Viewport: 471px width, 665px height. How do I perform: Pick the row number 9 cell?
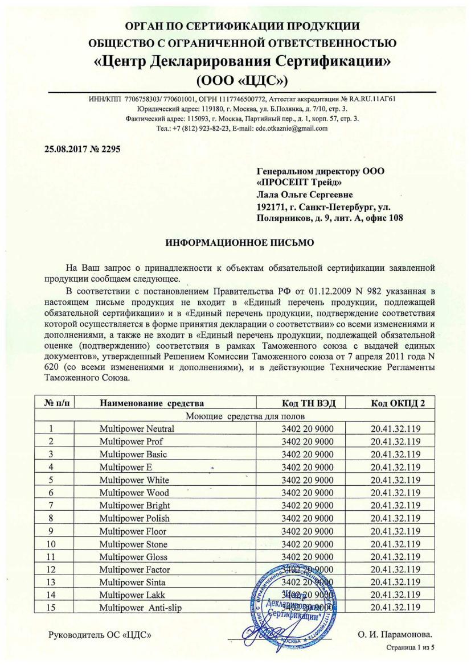pyautogui.click(x=51, y=531)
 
